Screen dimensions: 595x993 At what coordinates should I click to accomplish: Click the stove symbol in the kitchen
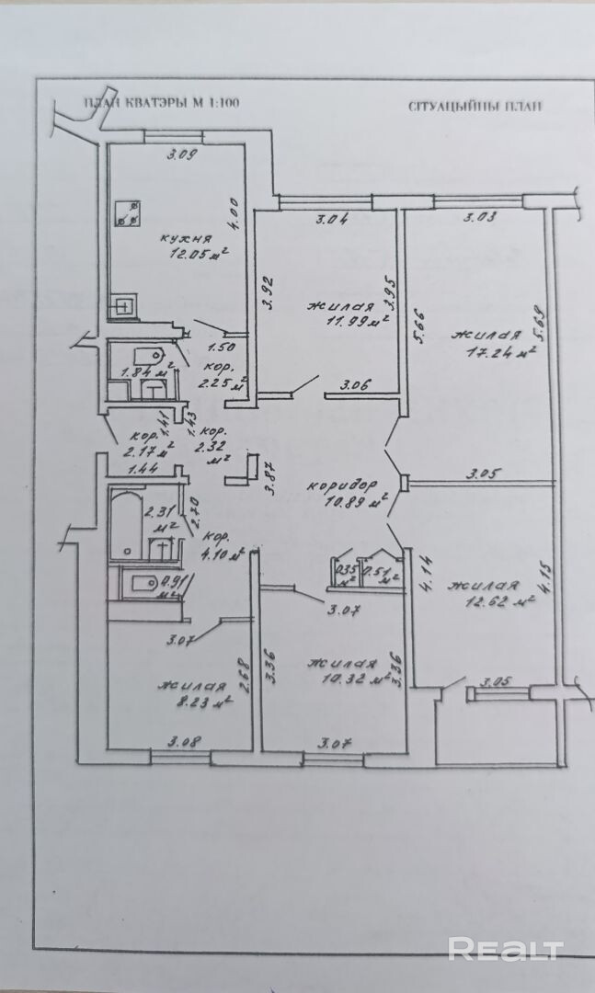coord(129,214)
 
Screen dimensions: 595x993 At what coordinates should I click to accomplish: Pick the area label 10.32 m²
coord(351,679)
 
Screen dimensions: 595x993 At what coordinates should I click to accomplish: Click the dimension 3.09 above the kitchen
coord(181,154)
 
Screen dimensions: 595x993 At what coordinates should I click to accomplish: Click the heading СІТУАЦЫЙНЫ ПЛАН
coord(475,104)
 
